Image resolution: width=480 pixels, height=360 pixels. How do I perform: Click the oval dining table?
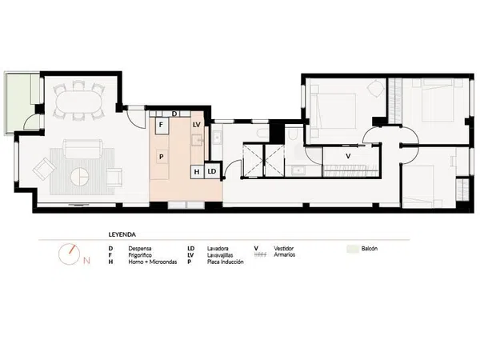click(79, 101)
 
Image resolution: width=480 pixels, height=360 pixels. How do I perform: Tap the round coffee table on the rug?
click(79, 176)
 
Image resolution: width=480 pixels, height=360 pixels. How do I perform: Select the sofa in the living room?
click(82, 149)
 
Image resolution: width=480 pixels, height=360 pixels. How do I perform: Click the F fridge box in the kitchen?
click(162, 126)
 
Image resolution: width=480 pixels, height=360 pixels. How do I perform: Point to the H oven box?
click(197, 172)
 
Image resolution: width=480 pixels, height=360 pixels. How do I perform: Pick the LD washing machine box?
click(212, 171)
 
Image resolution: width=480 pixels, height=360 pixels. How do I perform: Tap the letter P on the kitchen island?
click(162, 157)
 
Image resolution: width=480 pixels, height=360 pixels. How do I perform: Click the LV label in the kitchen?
click(197, 125)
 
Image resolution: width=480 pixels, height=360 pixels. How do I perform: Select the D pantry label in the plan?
click(174, 114)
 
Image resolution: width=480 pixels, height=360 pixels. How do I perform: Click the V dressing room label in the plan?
click(348, 156)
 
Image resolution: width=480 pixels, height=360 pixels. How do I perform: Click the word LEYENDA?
click(122, 234)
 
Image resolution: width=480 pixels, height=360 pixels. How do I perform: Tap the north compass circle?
click(69, 254)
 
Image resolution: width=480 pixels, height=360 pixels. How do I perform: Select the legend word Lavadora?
click(218, 249)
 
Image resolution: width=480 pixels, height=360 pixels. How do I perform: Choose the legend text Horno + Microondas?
click(153, 262)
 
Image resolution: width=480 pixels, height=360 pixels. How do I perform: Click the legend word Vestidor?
click(283, 249)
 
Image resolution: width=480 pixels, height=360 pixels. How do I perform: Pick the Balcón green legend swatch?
click(353, 249)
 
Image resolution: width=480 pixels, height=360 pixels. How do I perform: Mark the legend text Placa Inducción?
click(226, 262)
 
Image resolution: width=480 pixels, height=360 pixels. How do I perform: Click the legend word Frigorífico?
click(140, 255)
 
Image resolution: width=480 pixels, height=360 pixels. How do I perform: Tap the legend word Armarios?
click(284, 254)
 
